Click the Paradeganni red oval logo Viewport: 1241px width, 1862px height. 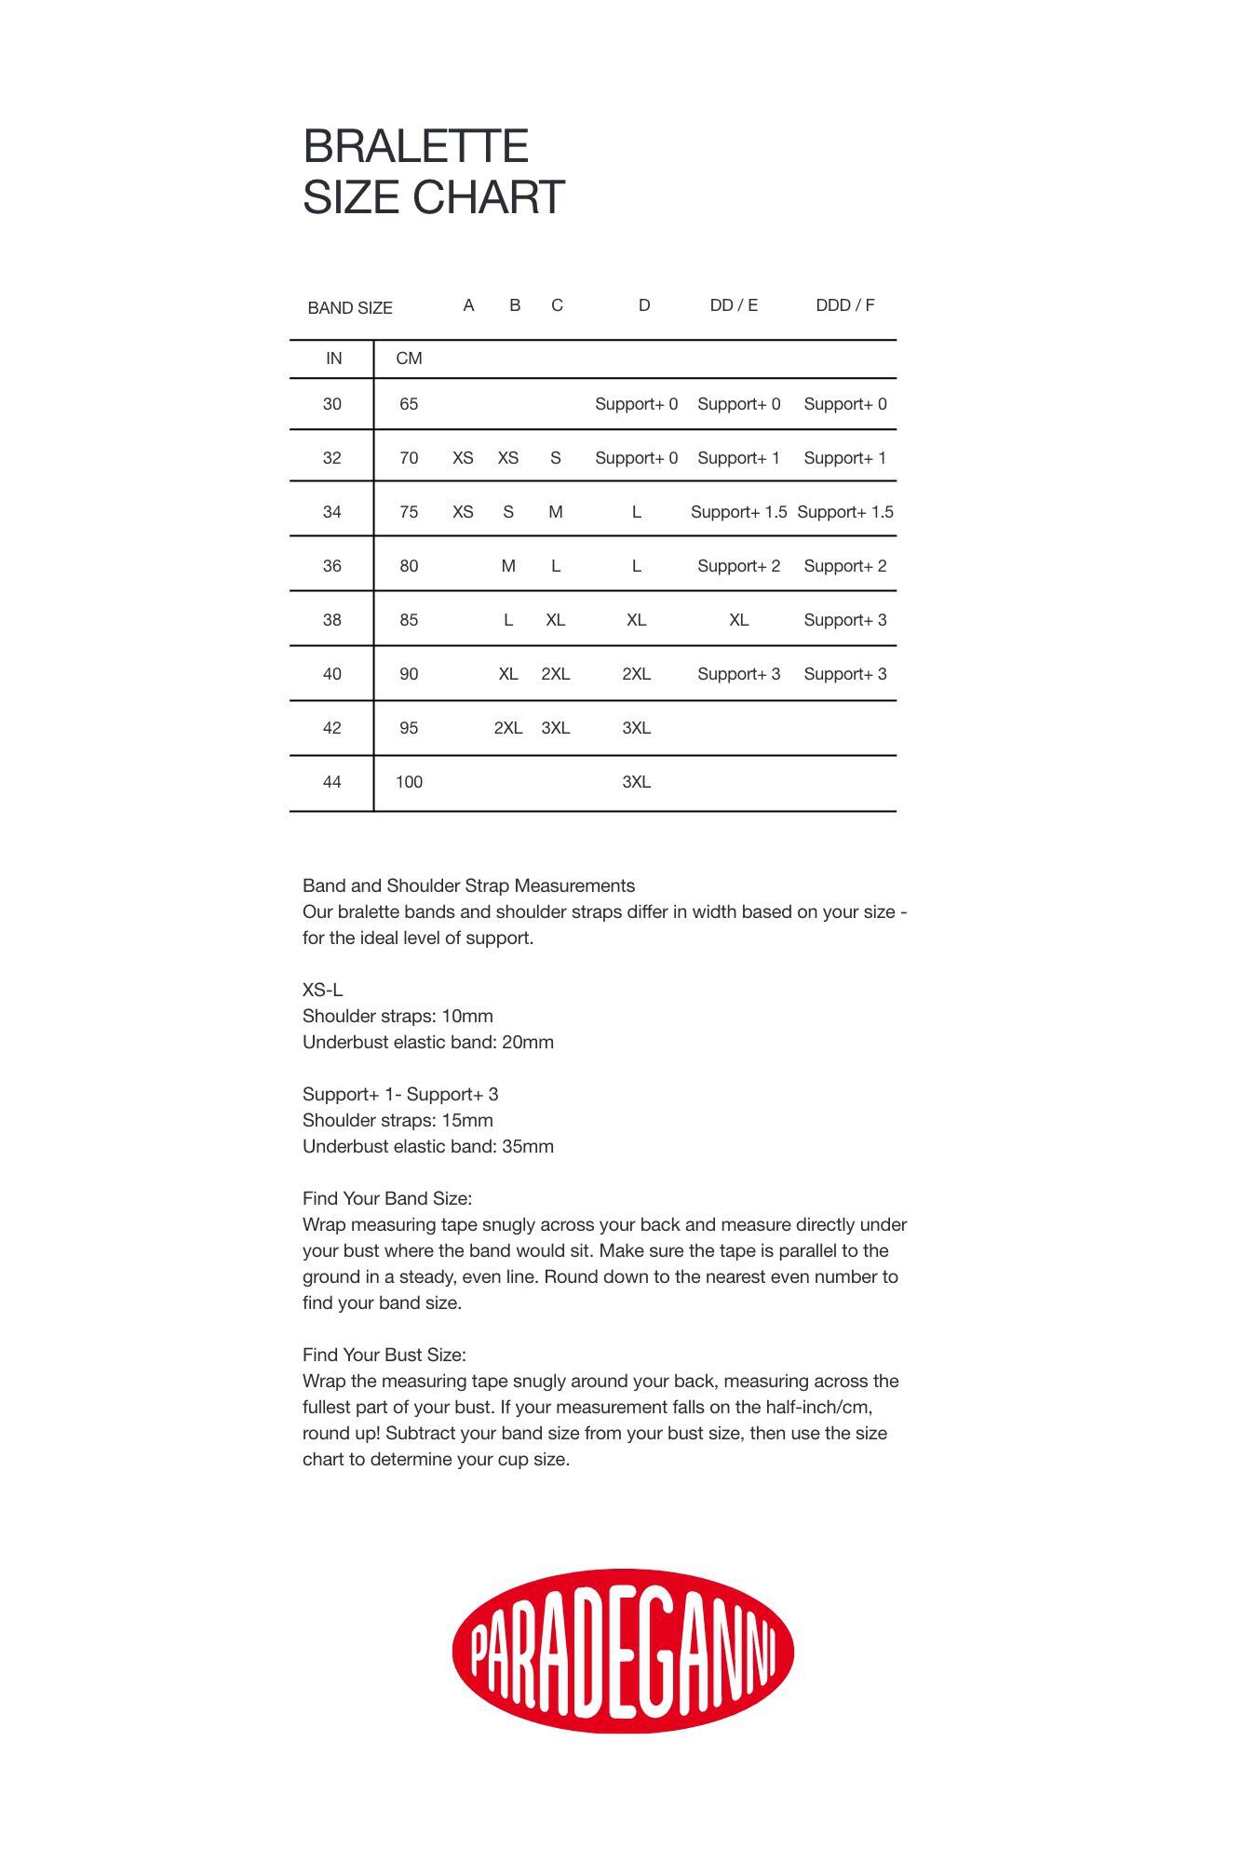(x=622, y=1651)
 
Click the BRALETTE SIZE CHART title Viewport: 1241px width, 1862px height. (x=434, y=172)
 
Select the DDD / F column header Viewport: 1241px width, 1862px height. (x=844, y=305)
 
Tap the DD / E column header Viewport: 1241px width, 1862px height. (x=734, y=305)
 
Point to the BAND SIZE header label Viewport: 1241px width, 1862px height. (x=350, y=308)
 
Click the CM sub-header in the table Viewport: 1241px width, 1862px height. (x=409, y=358)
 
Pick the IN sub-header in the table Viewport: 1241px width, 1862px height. (x=333, y=358)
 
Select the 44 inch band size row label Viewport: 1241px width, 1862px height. (x=332, y=782)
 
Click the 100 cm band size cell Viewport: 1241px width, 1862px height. (x=409, y=782)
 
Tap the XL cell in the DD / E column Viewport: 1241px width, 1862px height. (x=738, y=620)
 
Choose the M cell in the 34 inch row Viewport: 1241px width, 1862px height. (x=556, y=512)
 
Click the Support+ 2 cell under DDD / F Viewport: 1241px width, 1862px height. (x=844, y=566)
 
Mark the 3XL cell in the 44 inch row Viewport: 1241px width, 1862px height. (x=636, y=782)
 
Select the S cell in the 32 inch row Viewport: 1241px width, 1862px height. (x=556, y=458)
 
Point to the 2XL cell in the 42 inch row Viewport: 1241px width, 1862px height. (x=507, y=728)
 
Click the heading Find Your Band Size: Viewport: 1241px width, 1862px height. (x=387, y=1198)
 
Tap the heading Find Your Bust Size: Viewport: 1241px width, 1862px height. (x=384, y=1355)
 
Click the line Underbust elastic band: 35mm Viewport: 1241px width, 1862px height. (x=428, y=1146)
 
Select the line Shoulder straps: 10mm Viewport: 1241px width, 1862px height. (x=398, y=1016)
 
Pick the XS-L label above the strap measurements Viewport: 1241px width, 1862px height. (x=322, y=990)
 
